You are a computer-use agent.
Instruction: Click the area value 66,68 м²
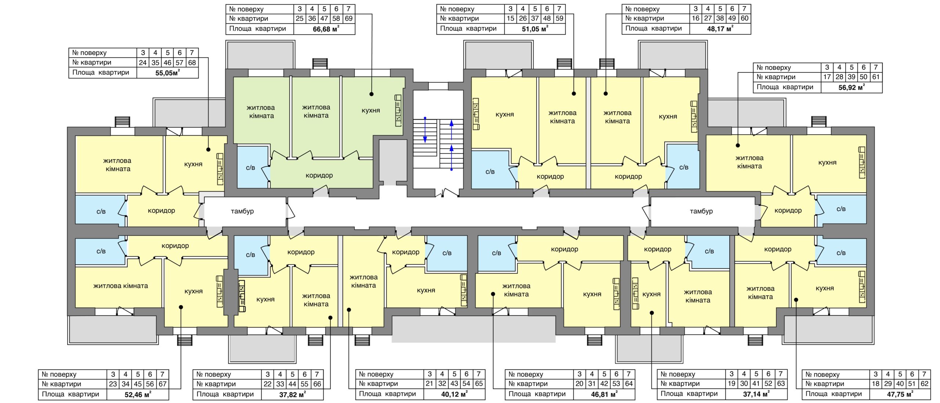(x=326, y=29)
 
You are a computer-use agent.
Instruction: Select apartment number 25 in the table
(x=300, y=18)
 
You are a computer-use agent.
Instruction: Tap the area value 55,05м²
(x=167, y=73)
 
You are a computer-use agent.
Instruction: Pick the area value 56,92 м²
(x=852, y=88)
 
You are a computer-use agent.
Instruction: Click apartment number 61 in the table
(x=876, y=77)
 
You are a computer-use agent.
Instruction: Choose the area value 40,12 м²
(x=454, y=394)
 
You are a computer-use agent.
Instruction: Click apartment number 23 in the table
(x=113, y=384)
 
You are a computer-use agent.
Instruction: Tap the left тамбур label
(x=242, y=211)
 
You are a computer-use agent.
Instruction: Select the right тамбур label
(x=701, y=211)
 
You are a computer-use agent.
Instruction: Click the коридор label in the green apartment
(x=319, y=175)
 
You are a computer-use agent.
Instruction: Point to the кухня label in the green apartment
(x=370, y=110)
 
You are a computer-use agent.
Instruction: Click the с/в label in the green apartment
(x=250, y=168)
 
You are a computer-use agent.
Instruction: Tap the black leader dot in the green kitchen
(x=372, y=94)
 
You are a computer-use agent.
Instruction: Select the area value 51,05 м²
(x=535, y=29)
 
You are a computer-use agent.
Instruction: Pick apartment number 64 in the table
(x=629, y=384)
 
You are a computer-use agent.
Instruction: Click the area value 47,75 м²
(x=900, y=394)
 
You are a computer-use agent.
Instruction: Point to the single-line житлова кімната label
(x=120, y=286)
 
